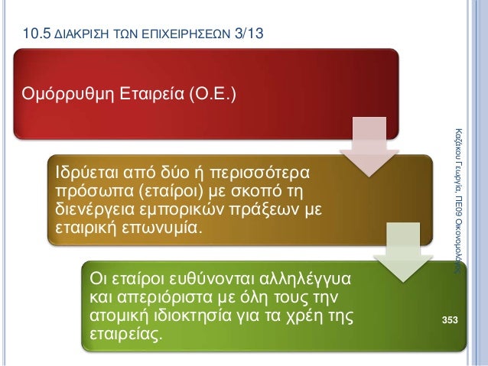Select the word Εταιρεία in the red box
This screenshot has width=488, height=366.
[x=140, y=95]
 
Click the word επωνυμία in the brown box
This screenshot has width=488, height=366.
[x=160, y=229]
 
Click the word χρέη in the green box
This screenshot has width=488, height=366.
[x=311, y=315]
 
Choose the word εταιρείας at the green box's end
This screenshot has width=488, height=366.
[x=126, y=335]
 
